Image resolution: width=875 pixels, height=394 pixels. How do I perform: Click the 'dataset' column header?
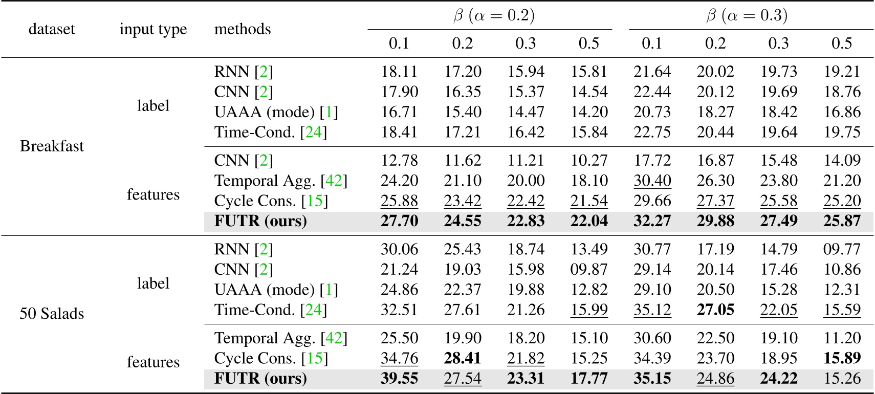pyautogui.click(x=52, y=29)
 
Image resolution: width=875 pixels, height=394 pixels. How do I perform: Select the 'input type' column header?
pyautogui.click(x=153, y=29)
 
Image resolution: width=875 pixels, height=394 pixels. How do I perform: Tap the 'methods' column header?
pyautogui.click(x=243, y=29)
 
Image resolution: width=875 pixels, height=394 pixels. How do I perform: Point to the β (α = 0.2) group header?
pyautogui.click(x=494, y=16)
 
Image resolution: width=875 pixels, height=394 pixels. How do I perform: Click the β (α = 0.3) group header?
pyautogui.click(x=747, y=16)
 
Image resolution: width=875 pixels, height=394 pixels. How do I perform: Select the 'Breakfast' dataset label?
pyautogui.click(x=52, y=146)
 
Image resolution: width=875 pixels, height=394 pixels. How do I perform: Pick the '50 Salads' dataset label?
pyautogui.click(x=52, y=314)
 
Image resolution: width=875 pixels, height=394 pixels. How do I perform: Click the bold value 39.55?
pyautogui.click(x=399, y=379)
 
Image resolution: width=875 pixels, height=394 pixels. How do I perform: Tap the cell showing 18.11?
pyautogui.click(x=399, y=72)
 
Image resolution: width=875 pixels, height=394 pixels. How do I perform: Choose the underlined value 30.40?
pyautogui.click(x=652, y=181)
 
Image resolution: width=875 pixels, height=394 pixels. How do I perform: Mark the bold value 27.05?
pyautogui.click(x=715, y=310)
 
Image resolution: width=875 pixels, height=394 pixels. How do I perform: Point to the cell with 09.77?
pyautogui.click(x=842, y=249)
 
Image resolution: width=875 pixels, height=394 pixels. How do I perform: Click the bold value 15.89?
pyautogui.click(x=842, y=358)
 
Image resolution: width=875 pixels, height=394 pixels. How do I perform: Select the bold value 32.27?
pyautogui.click(x=652, y=221)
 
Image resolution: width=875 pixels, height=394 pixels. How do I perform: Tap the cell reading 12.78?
pyautogui.click(x=399, y=161)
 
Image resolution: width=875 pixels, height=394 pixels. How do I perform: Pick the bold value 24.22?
pyautogui.click(x=778, y=379)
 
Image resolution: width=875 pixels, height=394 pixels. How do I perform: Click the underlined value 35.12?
pyautogui.click(x=652, y=310)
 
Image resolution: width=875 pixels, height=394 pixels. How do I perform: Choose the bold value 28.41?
pyautogui.click(x=462, y=358)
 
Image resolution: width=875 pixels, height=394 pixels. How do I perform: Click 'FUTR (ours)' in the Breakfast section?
pyautogui.click(x=260, y=221)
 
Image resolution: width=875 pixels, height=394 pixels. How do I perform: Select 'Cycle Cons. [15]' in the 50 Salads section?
pyautogui.click(x=271, y=358)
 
